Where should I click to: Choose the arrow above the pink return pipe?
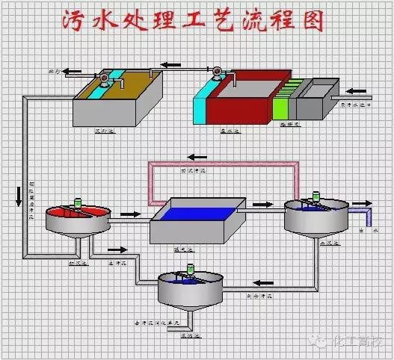click(x=197, y=156)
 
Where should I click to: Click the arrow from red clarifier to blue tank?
click(x=130, y=214)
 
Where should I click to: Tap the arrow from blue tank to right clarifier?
click(x=262, y=202)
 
